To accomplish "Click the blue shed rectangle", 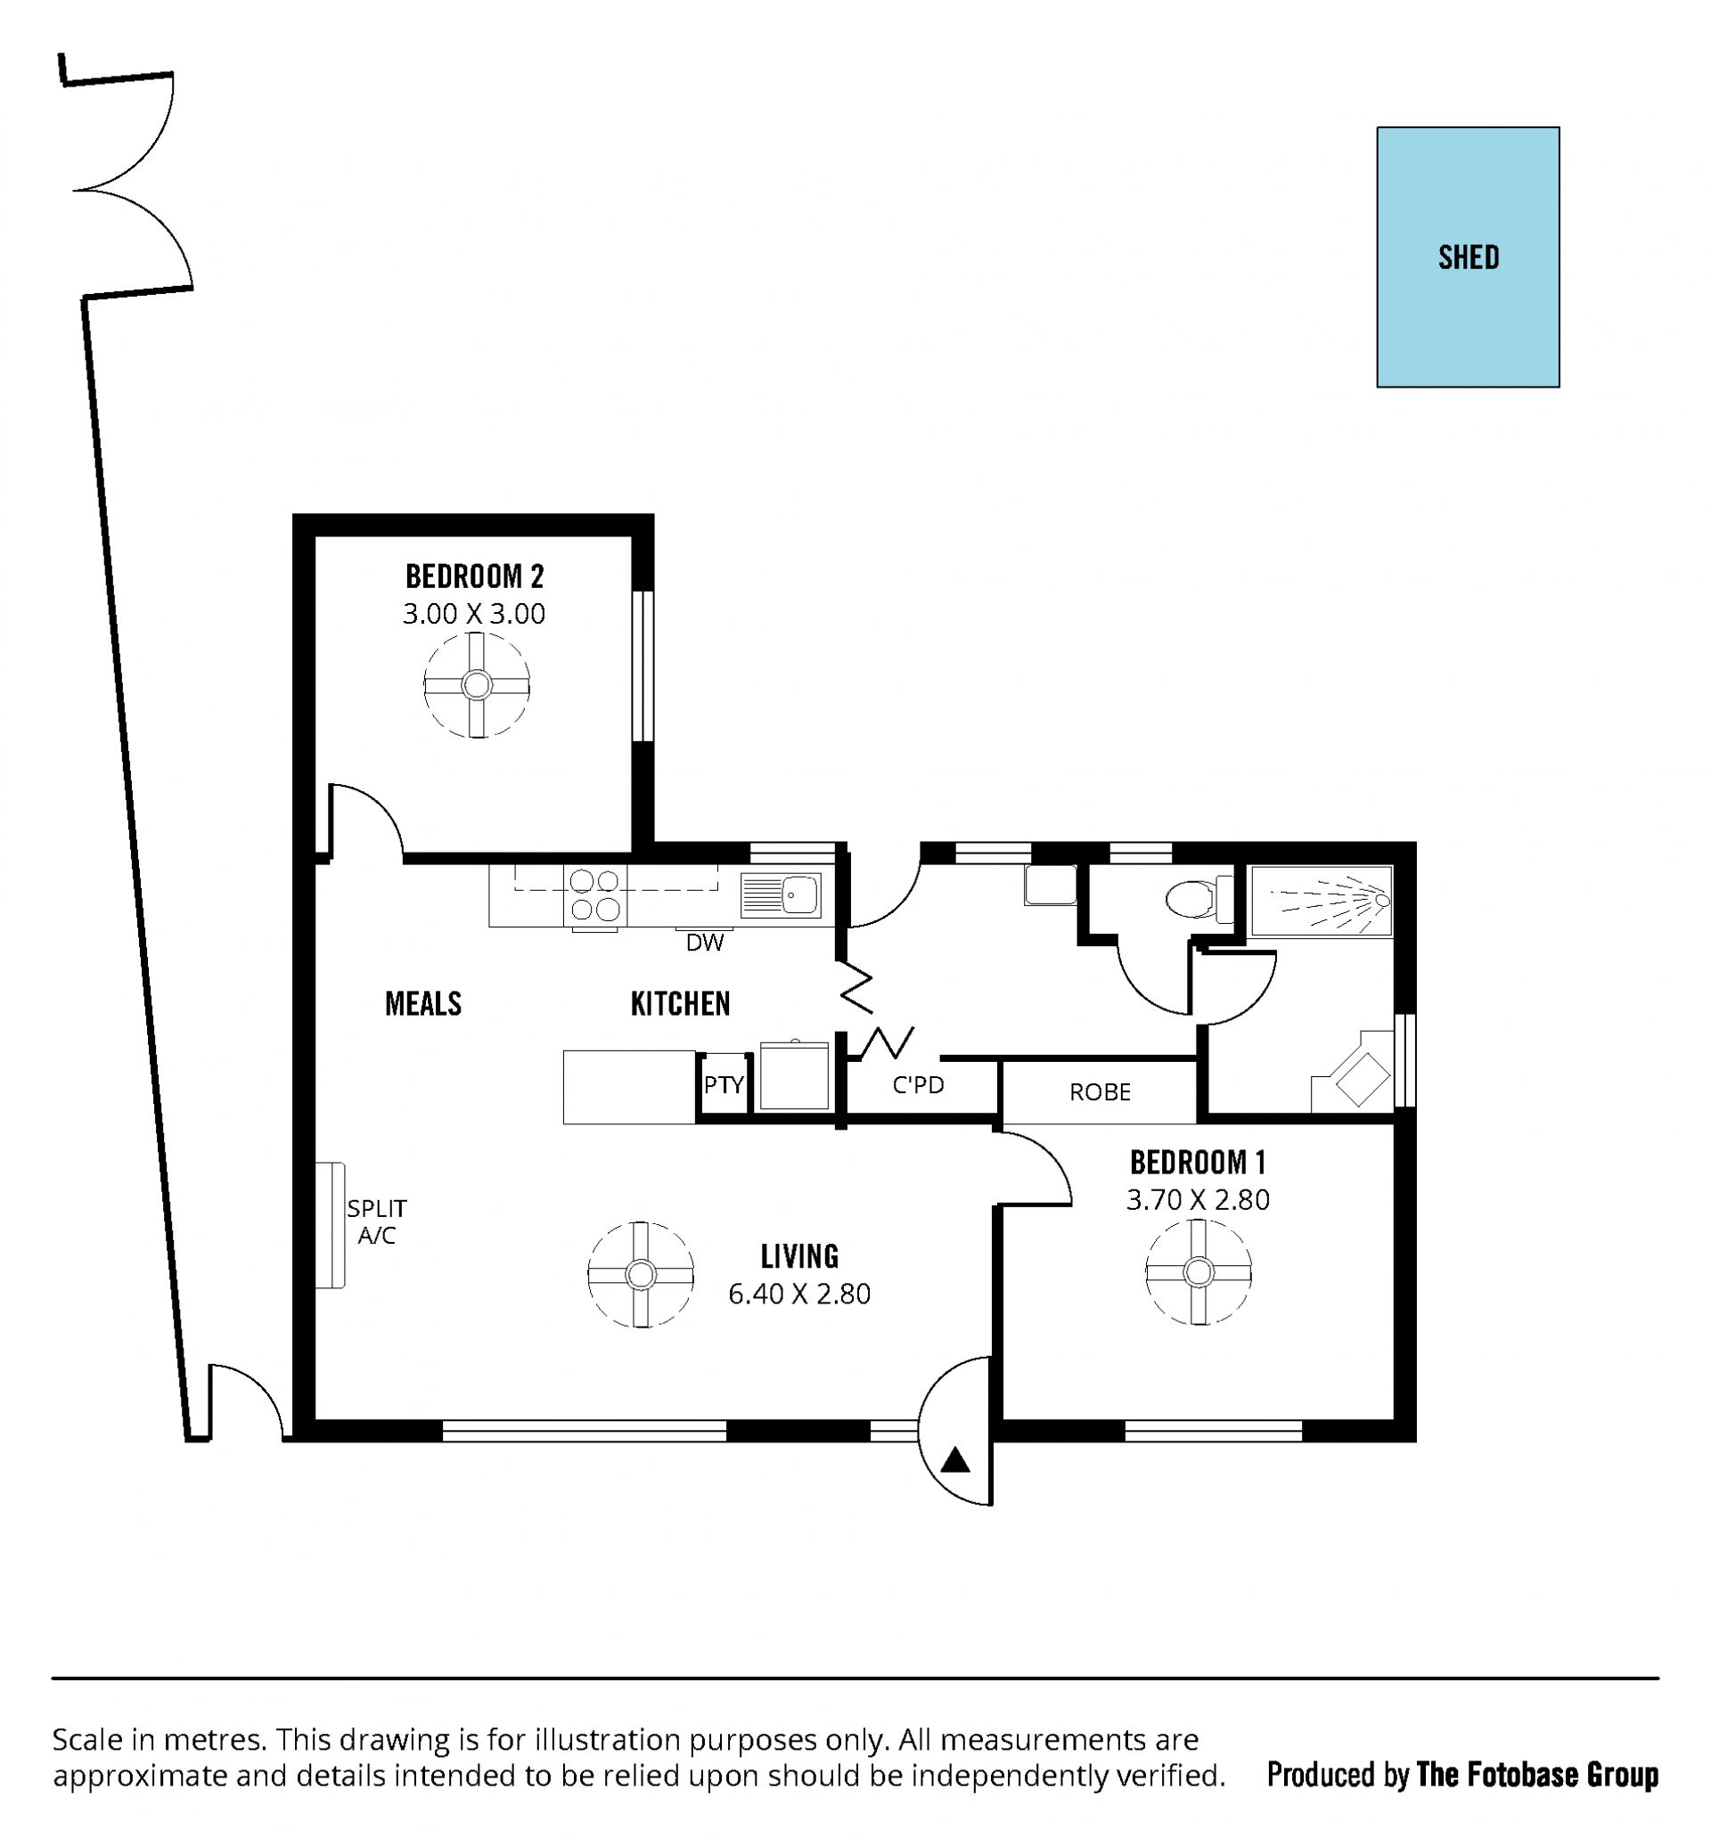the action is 1468,257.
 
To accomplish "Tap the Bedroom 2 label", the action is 474,576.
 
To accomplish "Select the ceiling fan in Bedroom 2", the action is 477,685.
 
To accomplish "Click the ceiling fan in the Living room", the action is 641,1275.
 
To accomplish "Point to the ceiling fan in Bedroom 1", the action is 1199,1272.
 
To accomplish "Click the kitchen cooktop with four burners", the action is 595,896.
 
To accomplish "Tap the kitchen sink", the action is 781,895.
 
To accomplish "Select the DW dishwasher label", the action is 705,943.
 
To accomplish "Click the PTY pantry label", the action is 723,1084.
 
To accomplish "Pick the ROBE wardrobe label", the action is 1100,1092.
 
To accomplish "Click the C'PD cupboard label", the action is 918,1084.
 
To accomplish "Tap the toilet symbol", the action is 1199,899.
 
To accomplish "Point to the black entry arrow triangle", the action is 955,1461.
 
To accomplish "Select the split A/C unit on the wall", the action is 330,1225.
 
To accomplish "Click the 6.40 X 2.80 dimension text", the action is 799,1295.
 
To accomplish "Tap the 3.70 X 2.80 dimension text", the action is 1197,1200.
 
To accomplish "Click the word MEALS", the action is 423,1003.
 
